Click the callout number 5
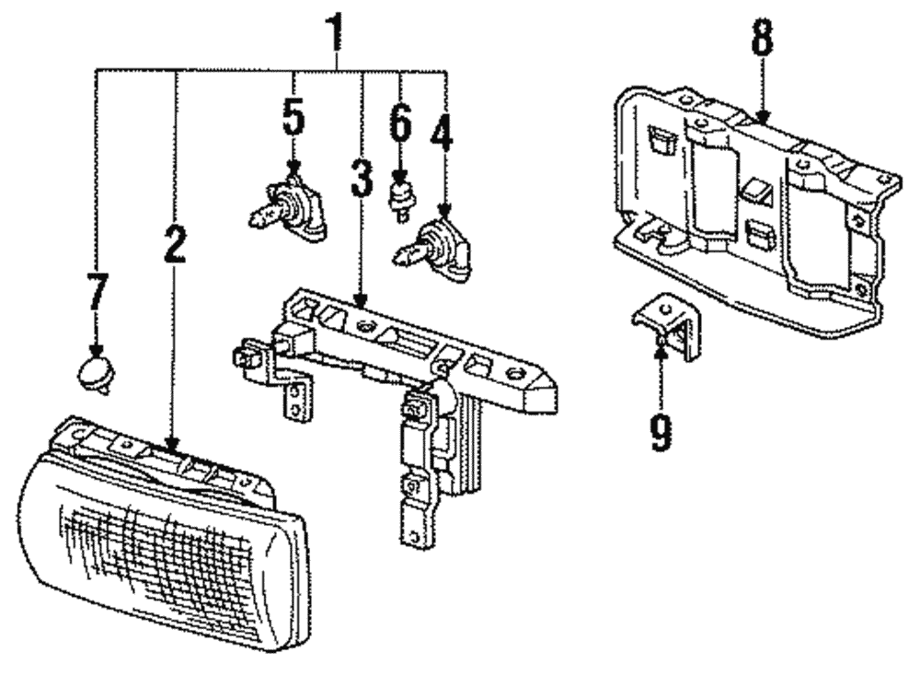point(293,117)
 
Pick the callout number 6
point(400,122)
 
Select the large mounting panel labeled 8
point(754,212)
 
